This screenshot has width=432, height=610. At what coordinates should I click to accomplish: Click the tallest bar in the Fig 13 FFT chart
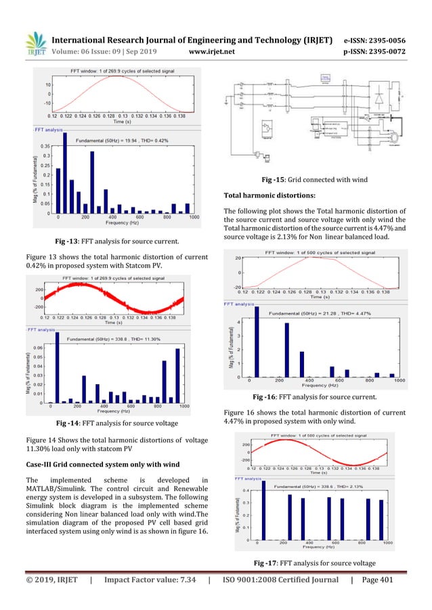click(65, 173)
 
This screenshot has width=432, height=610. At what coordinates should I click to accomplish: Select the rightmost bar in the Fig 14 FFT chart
click(178, 376)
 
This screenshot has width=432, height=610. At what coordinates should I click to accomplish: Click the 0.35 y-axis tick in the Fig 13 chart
click(45, 145)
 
